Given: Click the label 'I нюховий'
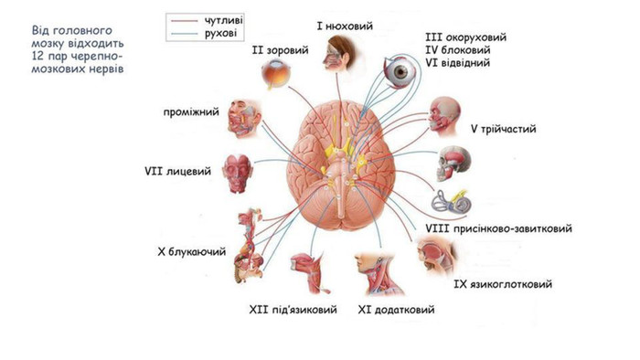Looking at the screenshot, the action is click(345, 26).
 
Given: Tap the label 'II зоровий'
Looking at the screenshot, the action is click(280, 50).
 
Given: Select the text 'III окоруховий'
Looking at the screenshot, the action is click(465, 37).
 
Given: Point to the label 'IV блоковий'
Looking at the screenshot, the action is click(457, 50).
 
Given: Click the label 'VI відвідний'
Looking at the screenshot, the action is click(457, 63).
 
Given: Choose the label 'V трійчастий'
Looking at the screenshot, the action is click(503, 129).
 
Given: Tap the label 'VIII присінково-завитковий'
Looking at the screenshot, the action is click(498, 228).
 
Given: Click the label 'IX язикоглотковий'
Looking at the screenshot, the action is click(503, 284).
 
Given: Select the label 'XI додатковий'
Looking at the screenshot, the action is click(396, 310).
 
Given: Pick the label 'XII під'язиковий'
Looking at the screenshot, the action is click(293, 310).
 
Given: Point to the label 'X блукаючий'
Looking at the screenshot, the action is click(191, 251).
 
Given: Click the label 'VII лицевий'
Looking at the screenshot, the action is click(177, 171).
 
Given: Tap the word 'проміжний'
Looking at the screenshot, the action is click(191, 112).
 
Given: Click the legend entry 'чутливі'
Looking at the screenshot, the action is click(222, 20).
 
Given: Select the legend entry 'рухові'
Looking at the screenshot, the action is click(221, 33).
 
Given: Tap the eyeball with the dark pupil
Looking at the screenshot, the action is click(400, 72).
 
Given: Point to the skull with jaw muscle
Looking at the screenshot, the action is click(453, 164).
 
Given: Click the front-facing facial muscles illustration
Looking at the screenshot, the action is click(237, 174).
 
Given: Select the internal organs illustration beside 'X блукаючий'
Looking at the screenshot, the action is click(249, 245).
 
